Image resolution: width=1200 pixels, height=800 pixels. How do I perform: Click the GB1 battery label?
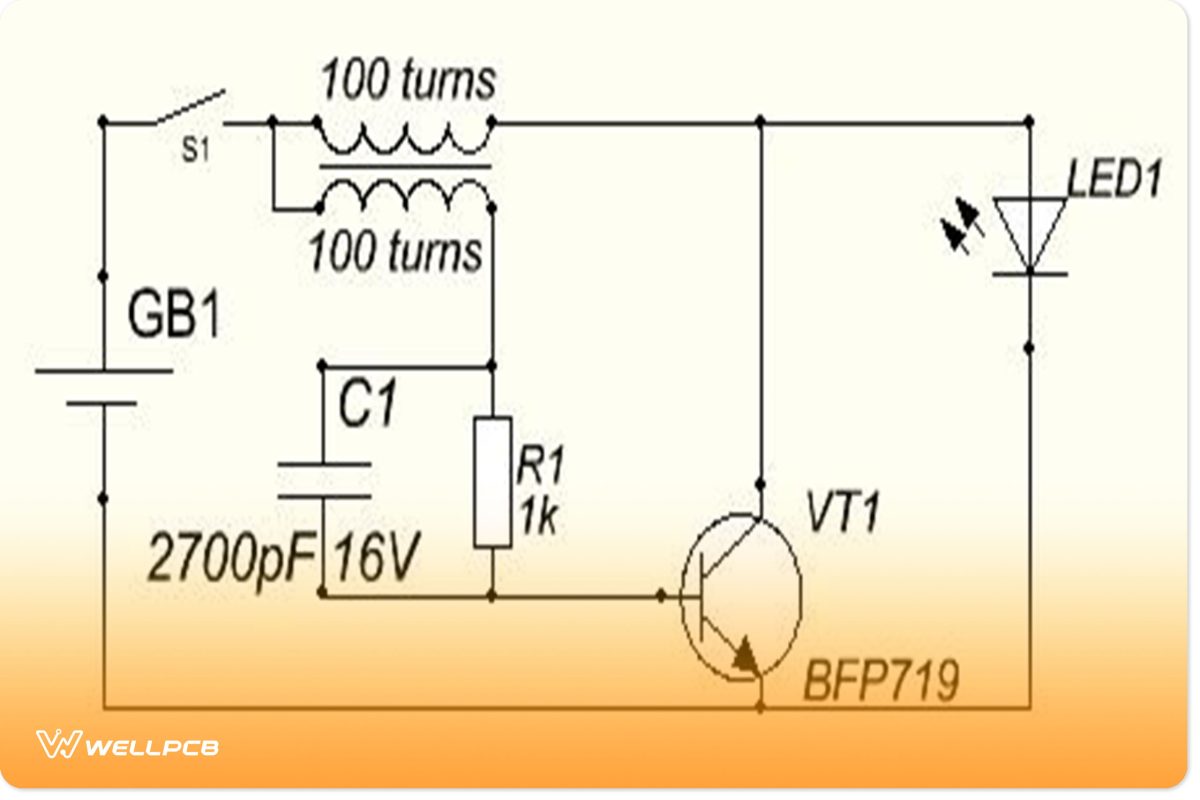pos(173,318)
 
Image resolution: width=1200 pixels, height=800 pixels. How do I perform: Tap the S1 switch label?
pos(195,154)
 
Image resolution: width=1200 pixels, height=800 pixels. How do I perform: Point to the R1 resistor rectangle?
pos(493,482)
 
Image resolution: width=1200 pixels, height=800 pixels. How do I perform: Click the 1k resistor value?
pos(540,518)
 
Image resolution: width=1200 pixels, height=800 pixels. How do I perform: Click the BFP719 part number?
pos(880,682)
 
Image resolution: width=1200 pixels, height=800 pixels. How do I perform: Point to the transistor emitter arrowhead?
pos(745,655)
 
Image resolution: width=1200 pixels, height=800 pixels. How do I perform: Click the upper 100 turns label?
pos(407,80)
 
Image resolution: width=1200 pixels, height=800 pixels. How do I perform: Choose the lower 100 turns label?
pos(395,252)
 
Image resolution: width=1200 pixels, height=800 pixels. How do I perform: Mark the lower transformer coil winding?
pos(405,195)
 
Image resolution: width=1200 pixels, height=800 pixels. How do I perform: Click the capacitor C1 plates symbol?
pos(323,480)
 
